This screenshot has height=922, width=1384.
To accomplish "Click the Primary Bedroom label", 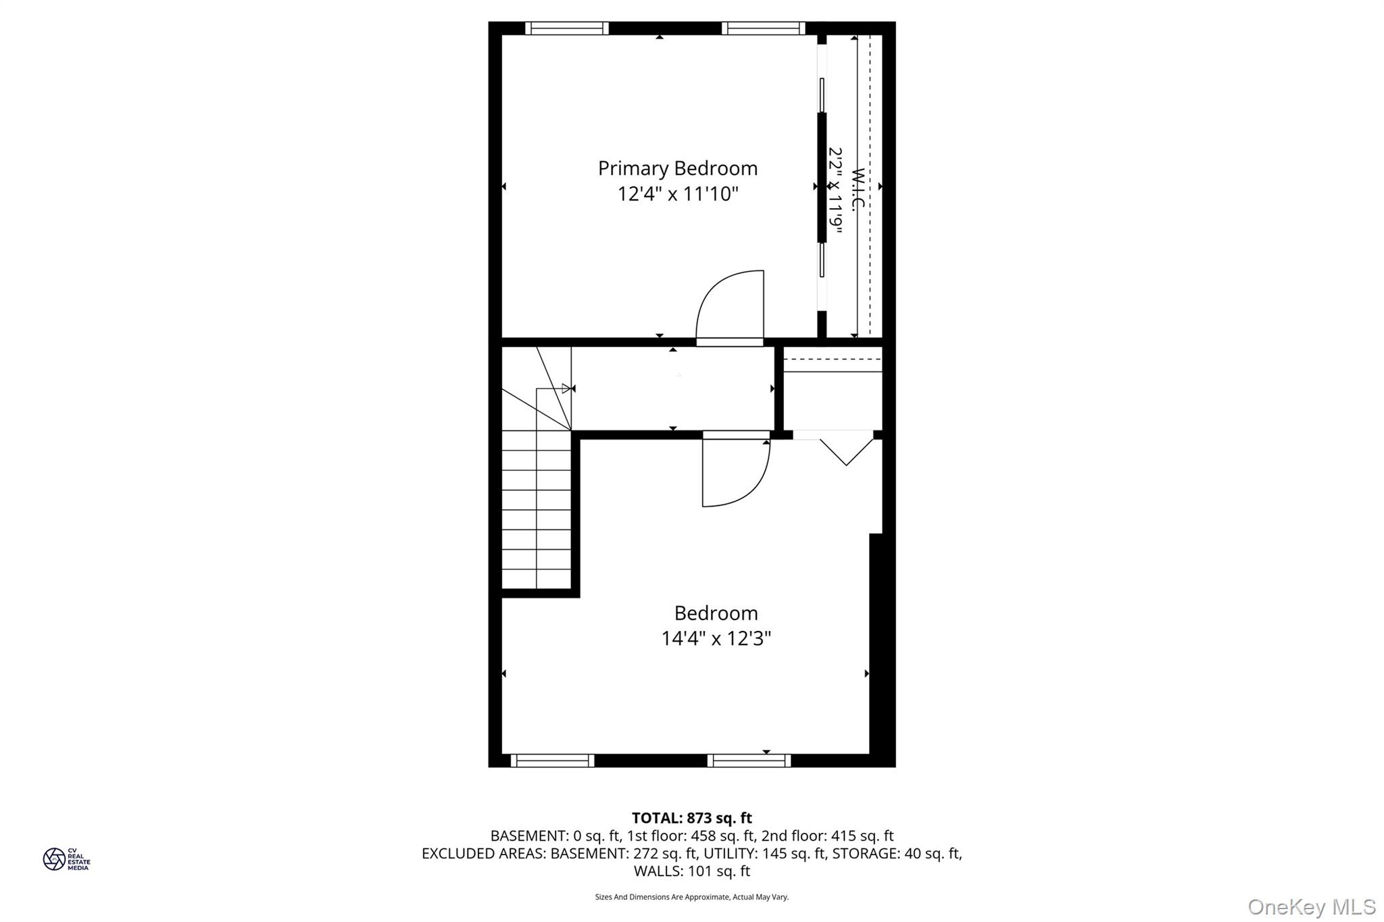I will (x=677, y=168).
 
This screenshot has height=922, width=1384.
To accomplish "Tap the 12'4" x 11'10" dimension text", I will (x=677, y=195).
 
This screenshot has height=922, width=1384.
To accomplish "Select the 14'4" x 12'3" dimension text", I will (x=716, y=638).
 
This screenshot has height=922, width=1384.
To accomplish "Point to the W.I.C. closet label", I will (x=858, y=190).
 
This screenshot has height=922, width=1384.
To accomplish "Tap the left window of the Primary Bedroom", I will (x=566, y=28).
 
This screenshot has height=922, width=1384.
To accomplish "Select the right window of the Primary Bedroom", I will (x=763, y=28).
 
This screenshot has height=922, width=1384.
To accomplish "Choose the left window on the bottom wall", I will (x=552, y=761).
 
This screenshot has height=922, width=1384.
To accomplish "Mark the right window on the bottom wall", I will (x=749, y=761).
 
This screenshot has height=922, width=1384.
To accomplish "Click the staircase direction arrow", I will (x=566, y=388).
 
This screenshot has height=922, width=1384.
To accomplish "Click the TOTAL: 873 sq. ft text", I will (x=691, y=818).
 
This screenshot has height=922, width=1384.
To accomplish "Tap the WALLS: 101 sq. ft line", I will (x=691, y=871).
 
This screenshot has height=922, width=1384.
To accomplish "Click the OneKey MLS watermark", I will (x=1311, y=906).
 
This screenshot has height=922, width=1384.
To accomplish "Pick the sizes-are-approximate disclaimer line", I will (x=691, y=897).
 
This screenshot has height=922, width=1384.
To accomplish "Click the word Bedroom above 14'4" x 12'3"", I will (x=716, y=613).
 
